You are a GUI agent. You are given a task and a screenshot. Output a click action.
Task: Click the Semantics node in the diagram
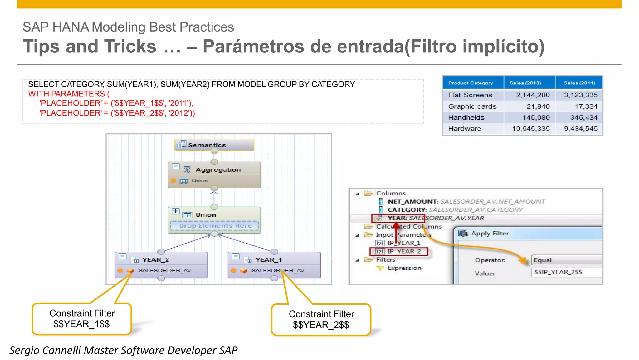[x=214, y=145]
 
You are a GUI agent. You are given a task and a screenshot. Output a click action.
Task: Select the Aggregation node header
[x=218, y=170]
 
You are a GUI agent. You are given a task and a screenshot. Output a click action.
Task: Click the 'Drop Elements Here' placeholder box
[x=215, y=226]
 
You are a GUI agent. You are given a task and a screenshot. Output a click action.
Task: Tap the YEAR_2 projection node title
[x=155, y=260]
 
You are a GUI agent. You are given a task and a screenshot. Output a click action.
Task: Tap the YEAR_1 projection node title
[x=268, y=260]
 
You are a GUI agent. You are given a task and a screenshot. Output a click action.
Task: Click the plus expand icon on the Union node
[x=175, y=211]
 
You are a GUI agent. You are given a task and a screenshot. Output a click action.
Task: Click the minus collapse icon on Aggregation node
[x=176, y=166]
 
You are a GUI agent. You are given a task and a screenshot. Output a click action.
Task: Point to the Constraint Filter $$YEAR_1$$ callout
[x=82, y=319]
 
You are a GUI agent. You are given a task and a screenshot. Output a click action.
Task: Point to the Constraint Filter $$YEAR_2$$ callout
[x=321, y=319]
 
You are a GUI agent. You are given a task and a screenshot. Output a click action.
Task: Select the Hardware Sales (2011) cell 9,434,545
[x=580, y=129]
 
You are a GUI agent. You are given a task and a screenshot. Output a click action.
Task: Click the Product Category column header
[x=470, y=83]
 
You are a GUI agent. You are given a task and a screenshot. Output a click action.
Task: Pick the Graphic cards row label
[x=472, y=106]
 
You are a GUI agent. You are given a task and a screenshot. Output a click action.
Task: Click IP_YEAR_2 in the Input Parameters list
[x=404, y=251]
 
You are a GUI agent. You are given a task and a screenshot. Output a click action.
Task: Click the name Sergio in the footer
[x=24, y=350]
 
